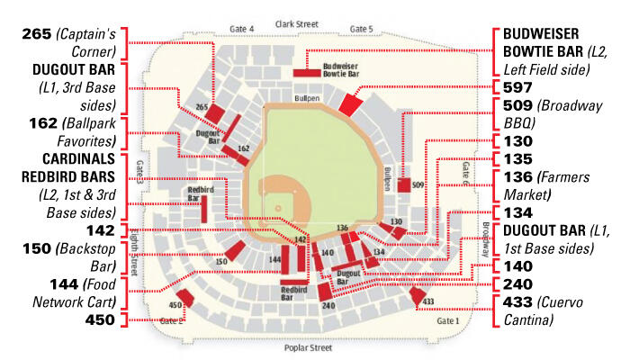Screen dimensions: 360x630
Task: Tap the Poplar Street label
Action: (309, 347)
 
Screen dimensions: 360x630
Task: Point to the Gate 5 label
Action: (361, 29)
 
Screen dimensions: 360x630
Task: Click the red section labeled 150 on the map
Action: (236, 251)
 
